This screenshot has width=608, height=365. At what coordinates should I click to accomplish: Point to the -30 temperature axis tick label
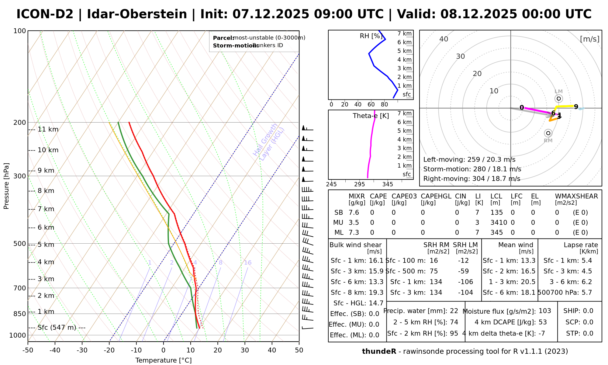(x=82, y=350)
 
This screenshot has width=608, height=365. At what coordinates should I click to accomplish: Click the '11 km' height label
(x=48, y=130)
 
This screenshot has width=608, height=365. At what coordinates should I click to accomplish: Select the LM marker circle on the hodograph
(x=559, y=99)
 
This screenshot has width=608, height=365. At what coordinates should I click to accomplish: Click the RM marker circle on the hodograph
(x=548, y=133)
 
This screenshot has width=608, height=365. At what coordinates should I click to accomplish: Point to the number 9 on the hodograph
(x=576, y=107)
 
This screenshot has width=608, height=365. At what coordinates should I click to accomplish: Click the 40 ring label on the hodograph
(x=444, y=39)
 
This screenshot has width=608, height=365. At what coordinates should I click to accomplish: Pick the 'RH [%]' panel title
(x=371, y=36)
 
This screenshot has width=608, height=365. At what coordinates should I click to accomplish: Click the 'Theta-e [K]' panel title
(x=371, y=116)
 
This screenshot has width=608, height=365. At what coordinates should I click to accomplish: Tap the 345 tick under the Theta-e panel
(x=388, y=184)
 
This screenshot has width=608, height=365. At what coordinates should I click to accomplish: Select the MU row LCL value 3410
(x=499, y=223)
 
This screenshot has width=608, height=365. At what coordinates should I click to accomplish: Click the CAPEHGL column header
(x=436, y=196)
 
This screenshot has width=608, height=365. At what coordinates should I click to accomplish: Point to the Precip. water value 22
(x=454, y=311)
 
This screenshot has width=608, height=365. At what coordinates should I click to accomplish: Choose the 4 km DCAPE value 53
(x=543, y=322)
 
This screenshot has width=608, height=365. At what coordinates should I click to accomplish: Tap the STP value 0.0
(x=588, y=333)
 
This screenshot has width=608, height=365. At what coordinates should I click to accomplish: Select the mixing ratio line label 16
(x=248, y=263)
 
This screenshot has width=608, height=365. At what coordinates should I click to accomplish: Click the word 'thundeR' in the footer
(x=379, y=352)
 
